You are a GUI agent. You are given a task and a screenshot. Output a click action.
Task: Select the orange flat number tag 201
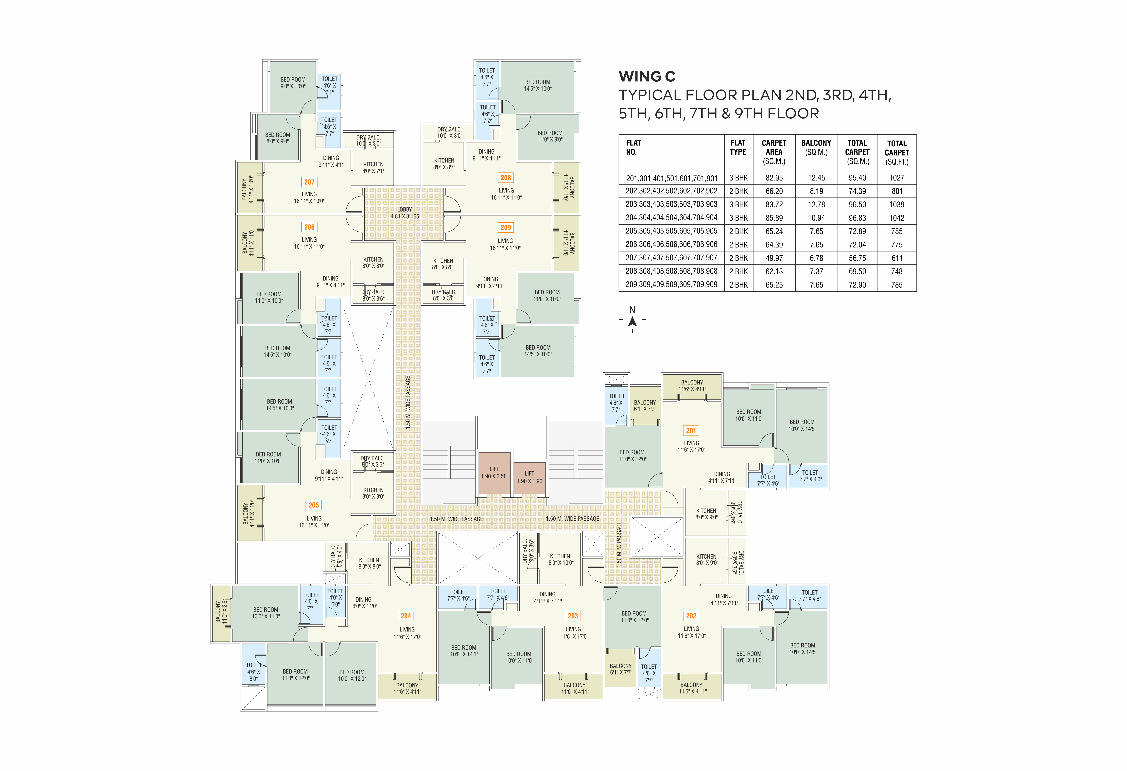tap(691, 431)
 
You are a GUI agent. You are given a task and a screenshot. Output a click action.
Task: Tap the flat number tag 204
tap(406, 616)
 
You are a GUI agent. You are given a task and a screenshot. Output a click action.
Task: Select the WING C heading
tap(647, 77)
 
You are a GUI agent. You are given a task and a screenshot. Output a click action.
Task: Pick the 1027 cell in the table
tap(897, 178)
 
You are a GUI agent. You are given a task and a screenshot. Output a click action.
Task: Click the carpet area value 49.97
tap(774, 258)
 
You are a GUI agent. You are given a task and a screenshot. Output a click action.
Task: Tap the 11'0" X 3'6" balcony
tap(221, 613)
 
